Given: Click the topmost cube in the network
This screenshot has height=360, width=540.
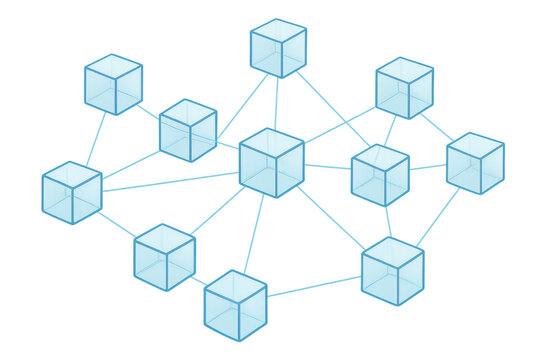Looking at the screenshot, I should pyautogui.click(x=278, y=48).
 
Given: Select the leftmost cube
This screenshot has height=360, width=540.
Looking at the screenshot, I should pyautogui.click(x=72, y=191).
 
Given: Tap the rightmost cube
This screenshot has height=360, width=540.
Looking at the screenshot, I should pyautogui.click(x=475, y=163).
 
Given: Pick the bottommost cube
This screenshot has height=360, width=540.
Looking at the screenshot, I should pyautogui.click(x=236, y=305).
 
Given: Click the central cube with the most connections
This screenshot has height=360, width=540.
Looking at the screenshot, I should pyautogui.click(x=271, y=162).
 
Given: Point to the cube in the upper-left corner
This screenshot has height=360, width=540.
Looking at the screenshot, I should pyautogui.click(x=113, y=84).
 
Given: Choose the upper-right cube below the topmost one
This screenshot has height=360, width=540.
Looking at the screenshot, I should pyautogui.click(x=404, y=88).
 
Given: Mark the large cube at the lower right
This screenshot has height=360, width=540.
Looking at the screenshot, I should pyautogui.click(x=392, y=271).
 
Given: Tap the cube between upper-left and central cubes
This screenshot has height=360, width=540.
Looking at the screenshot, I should pyautogui.click(x=188, y=130).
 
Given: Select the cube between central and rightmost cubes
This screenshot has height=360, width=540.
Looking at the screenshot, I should pyautogui.click(x=380, y=175).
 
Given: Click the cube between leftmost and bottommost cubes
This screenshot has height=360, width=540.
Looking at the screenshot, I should pyautogui.click(x=164, y=257).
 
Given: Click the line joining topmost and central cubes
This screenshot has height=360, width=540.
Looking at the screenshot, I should pyautogui.click(x=276, y=103).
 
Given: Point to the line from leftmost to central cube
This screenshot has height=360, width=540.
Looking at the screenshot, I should pyautogui.click(x=170, y=181).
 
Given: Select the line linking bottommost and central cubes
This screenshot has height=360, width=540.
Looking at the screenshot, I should pyautogui.click(x=254, y=235).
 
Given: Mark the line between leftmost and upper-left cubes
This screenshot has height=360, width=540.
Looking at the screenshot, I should pyautogui.click(x=94, y=138).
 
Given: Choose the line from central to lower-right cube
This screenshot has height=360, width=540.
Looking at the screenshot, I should pyautogui.click(x=330, y=217).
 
